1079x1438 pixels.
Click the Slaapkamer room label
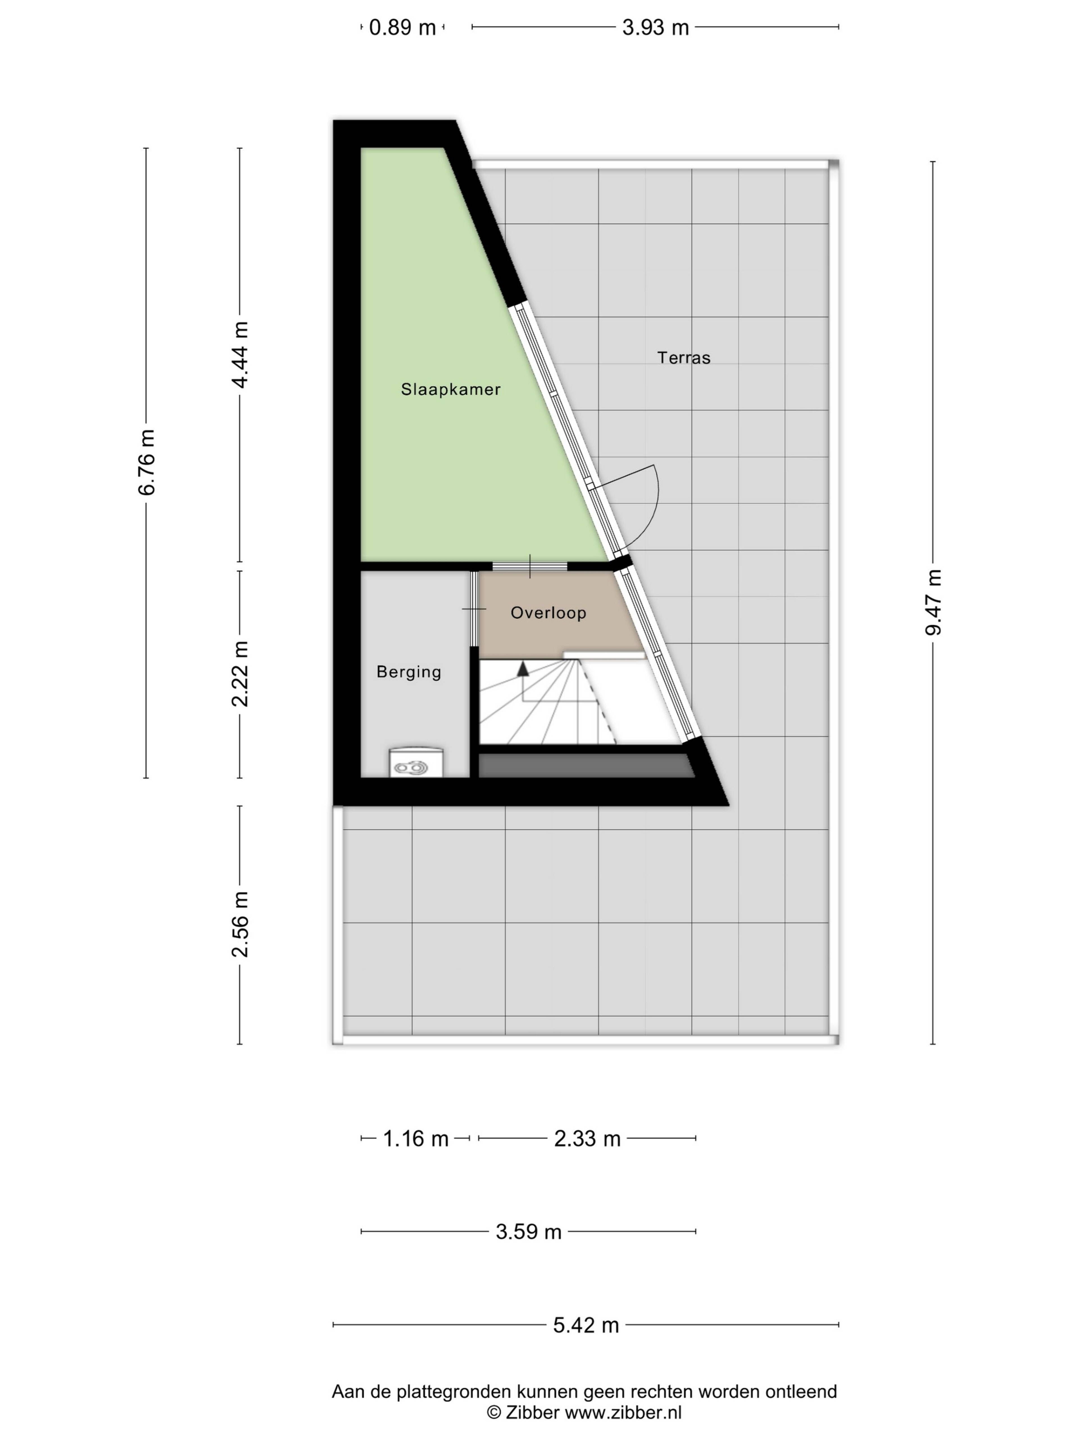point(450,389)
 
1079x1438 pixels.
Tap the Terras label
point(684,358)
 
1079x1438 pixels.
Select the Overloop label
point(548,612)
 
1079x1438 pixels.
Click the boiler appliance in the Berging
point(416,763)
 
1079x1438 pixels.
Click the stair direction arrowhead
point(522,670)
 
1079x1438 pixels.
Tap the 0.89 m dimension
point(402,27)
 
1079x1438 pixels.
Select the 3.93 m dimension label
point(655,27)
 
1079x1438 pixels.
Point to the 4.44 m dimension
point(240,355)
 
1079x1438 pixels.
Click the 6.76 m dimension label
point(147,462)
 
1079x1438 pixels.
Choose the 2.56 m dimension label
point(240,924)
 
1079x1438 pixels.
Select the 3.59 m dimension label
point(528,1232)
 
